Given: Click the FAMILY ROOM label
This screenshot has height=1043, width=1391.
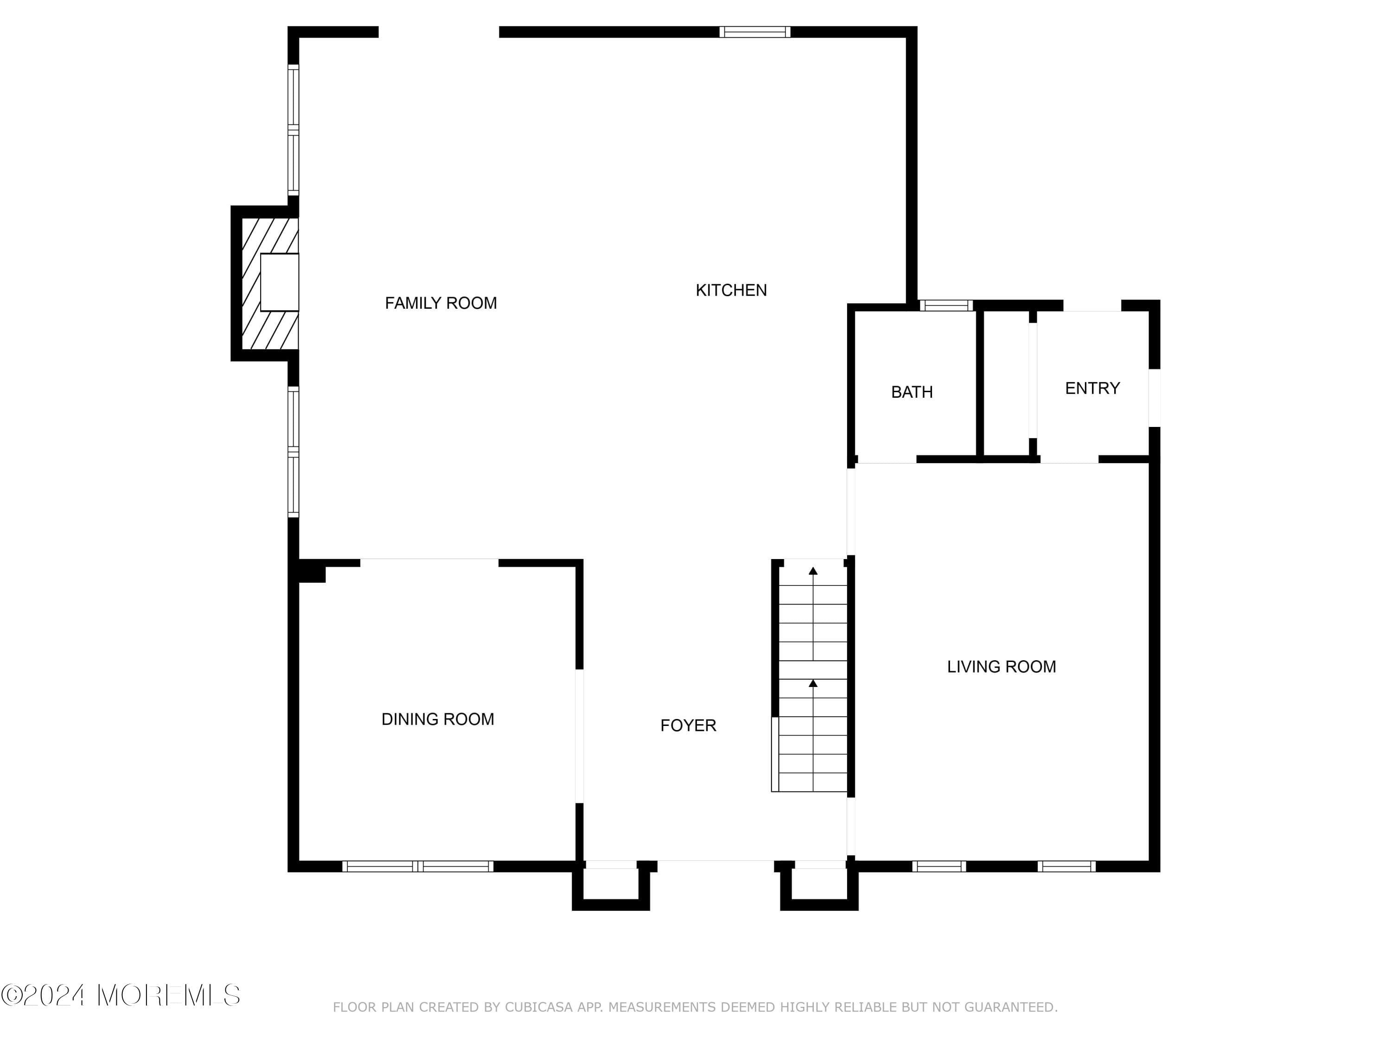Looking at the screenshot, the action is tap(441, 303).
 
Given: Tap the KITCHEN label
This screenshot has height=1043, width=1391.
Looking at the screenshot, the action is tap(731, 290).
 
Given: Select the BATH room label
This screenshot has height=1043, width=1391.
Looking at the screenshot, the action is tap(912, 392).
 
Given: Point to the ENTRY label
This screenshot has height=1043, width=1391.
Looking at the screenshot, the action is tap(1092, 388).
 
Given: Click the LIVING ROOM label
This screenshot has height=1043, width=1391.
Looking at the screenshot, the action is tap(1001, 667).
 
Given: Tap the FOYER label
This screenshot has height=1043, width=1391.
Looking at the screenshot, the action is tap(688, 725).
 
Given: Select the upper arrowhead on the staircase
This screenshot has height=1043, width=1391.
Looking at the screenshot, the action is tap(813, 571).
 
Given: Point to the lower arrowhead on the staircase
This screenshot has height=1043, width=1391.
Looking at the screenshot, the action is tap(813, 683).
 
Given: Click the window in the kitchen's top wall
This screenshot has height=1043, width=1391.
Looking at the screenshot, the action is tap(754, 32).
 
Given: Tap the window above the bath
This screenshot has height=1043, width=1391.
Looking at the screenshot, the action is tap(946, 305).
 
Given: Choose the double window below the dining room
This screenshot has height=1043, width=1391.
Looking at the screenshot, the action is tap(418, 866).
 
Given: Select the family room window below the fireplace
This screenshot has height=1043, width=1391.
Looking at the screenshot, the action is tap(293, 452).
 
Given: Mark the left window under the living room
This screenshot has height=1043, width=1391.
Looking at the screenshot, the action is tap(939, 866).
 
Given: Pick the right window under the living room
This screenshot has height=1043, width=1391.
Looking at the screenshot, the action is tap(1066, 866).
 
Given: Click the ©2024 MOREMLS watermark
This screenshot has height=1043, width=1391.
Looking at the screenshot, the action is tap(121, 995).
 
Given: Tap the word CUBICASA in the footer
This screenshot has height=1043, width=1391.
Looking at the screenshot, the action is tap(539, 1007).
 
